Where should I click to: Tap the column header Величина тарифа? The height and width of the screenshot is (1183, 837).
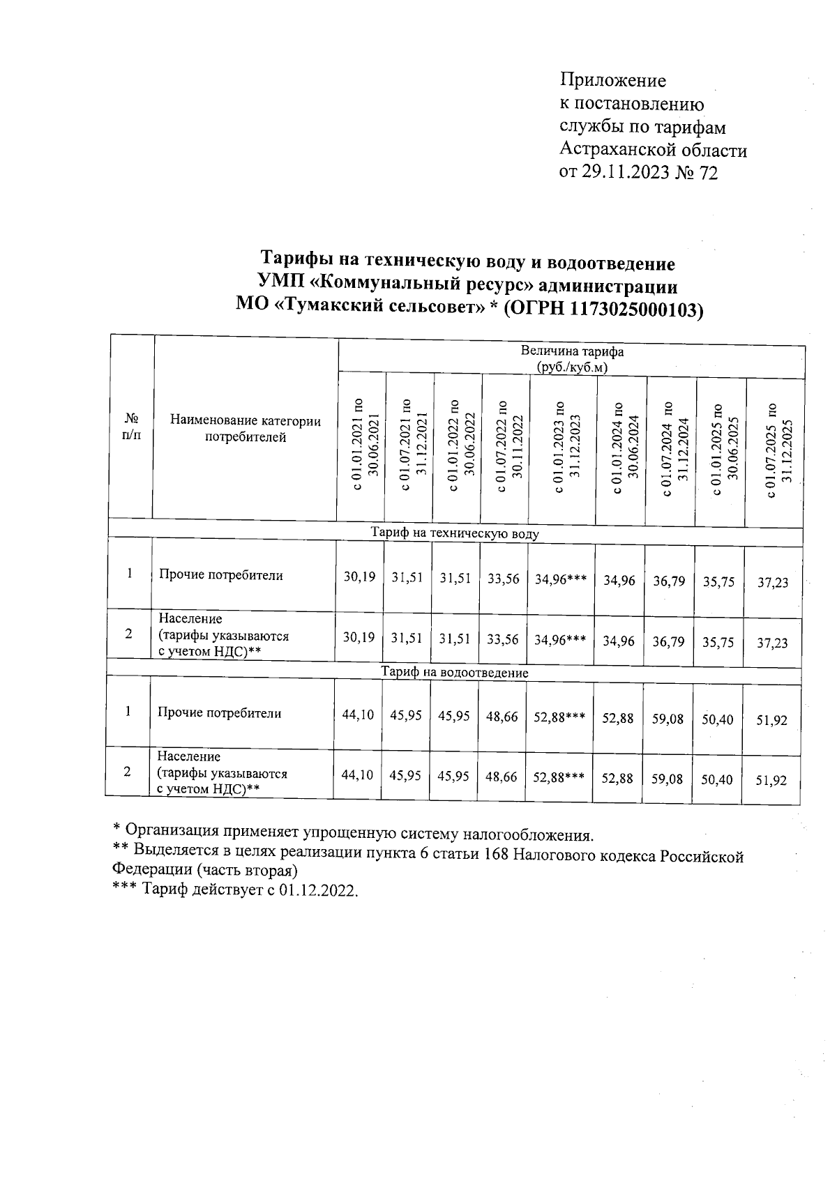(572, 352)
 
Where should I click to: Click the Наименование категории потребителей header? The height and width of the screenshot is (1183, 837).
(245, 429)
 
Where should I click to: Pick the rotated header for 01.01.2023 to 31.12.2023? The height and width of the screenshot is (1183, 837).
(565, 448)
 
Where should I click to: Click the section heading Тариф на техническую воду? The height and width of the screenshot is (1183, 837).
(455, 534)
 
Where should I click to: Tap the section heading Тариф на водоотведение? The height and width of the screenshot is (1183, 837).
(454, 673)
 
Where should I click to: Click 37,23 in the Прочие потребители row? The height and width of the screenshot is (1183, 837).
(773, 582)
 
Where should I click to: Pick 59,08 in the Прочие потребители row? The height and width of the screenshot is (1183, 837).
(668, 719)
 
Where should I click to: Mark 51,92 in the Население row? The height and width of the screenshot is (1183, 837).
(771, 781)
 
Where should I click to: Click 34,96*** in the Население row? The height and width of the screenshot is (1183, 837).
(560, 640)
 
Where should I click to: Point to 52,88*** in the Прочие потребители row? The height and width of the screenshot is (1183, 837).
(559, 716)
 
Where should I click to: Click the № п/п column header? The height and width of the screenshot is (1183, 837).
(131, 427)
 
